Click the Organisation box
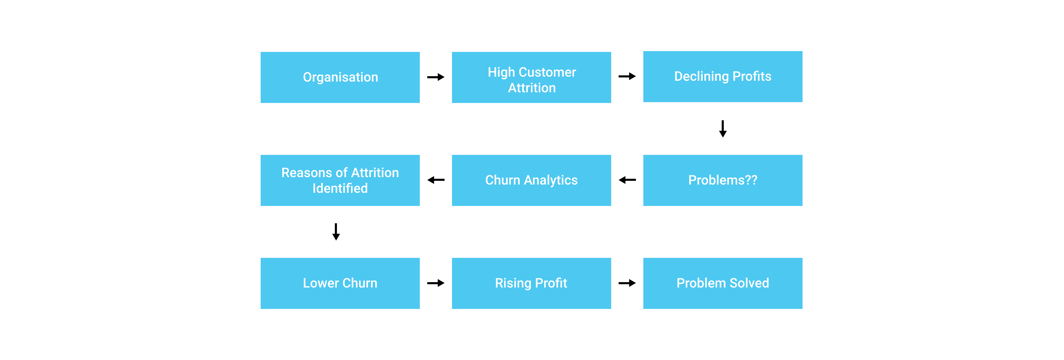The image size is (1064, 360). [340, 77]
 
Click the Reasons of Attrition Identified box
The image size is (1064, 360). [340, 180]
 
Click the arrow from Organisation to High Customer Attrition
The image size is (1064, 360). [436, 77]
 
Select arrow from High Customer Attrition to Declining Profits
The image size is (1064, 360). [627, 76]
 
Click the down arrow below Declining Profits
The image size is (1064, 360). [723, 129]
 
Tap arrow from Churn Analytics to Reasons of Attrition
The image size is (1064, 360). [436, 180]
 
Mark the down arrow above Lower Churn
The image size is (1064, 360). [336, 232]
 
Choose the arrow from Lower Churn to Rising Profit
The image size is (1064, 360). [436, 283]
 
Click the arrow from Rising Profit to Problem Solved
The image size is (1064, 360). [627, 283]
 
